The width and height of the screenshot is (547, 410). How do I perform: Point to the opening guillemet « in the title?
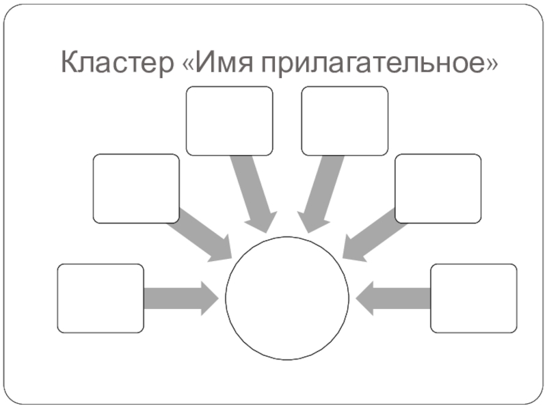tap(188, 65)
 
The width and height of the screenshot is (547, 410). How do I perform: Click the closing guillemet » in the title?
tap(491, 65)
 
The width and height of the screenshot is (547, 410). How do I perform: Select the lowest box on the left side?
tap(101, 298)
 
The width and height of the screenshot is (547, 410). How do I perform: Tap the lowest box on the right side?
tap(473, 298)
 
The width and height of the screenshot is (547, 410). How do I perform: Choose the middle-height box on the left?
tap(136, 189)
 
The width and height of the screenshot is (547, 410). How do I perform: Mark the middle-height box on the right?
tap(438, 189)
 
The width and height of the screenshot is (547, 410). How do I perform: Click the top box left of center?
tap(229, 121)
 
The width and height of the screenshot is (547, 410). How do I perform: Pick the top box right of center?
tap(345, 121)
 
